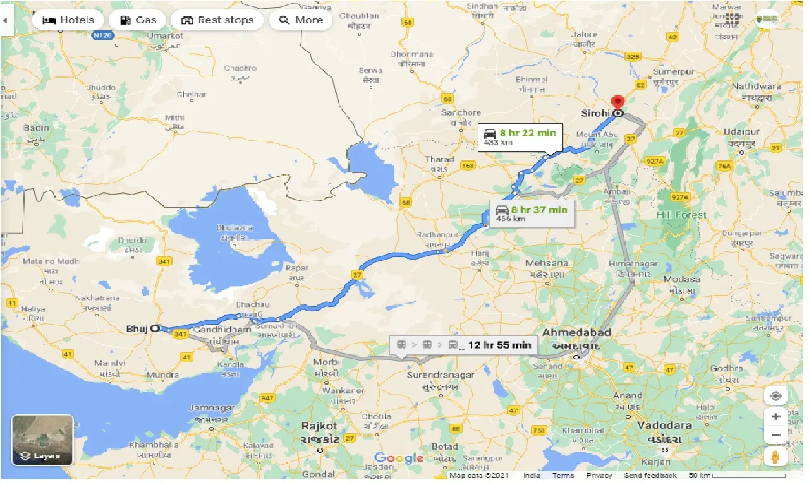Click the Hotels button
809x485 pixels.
click(68, 20)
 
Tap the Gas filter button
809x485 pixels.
click(137, 20)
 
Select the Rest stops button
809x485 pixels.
click(217, 20)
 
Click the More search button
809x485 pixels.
click(301, 20)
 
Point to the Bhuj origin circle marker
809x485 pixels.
click(154, 328)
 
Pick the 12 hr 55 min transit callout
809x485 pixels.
click(464, 345)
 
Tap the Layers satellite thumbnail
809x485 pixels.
click(43, 440)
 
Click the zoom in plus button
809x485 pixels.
click(776, 417)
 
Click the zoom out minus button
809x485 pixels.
click(776, 436)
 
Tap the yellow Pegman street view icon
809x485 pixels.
click(776, 457)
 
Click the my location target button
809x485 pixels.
click(776, 396)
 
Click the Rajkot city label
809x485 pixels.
click(319, 426)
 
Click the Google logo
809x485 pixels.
click(398, 458)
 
